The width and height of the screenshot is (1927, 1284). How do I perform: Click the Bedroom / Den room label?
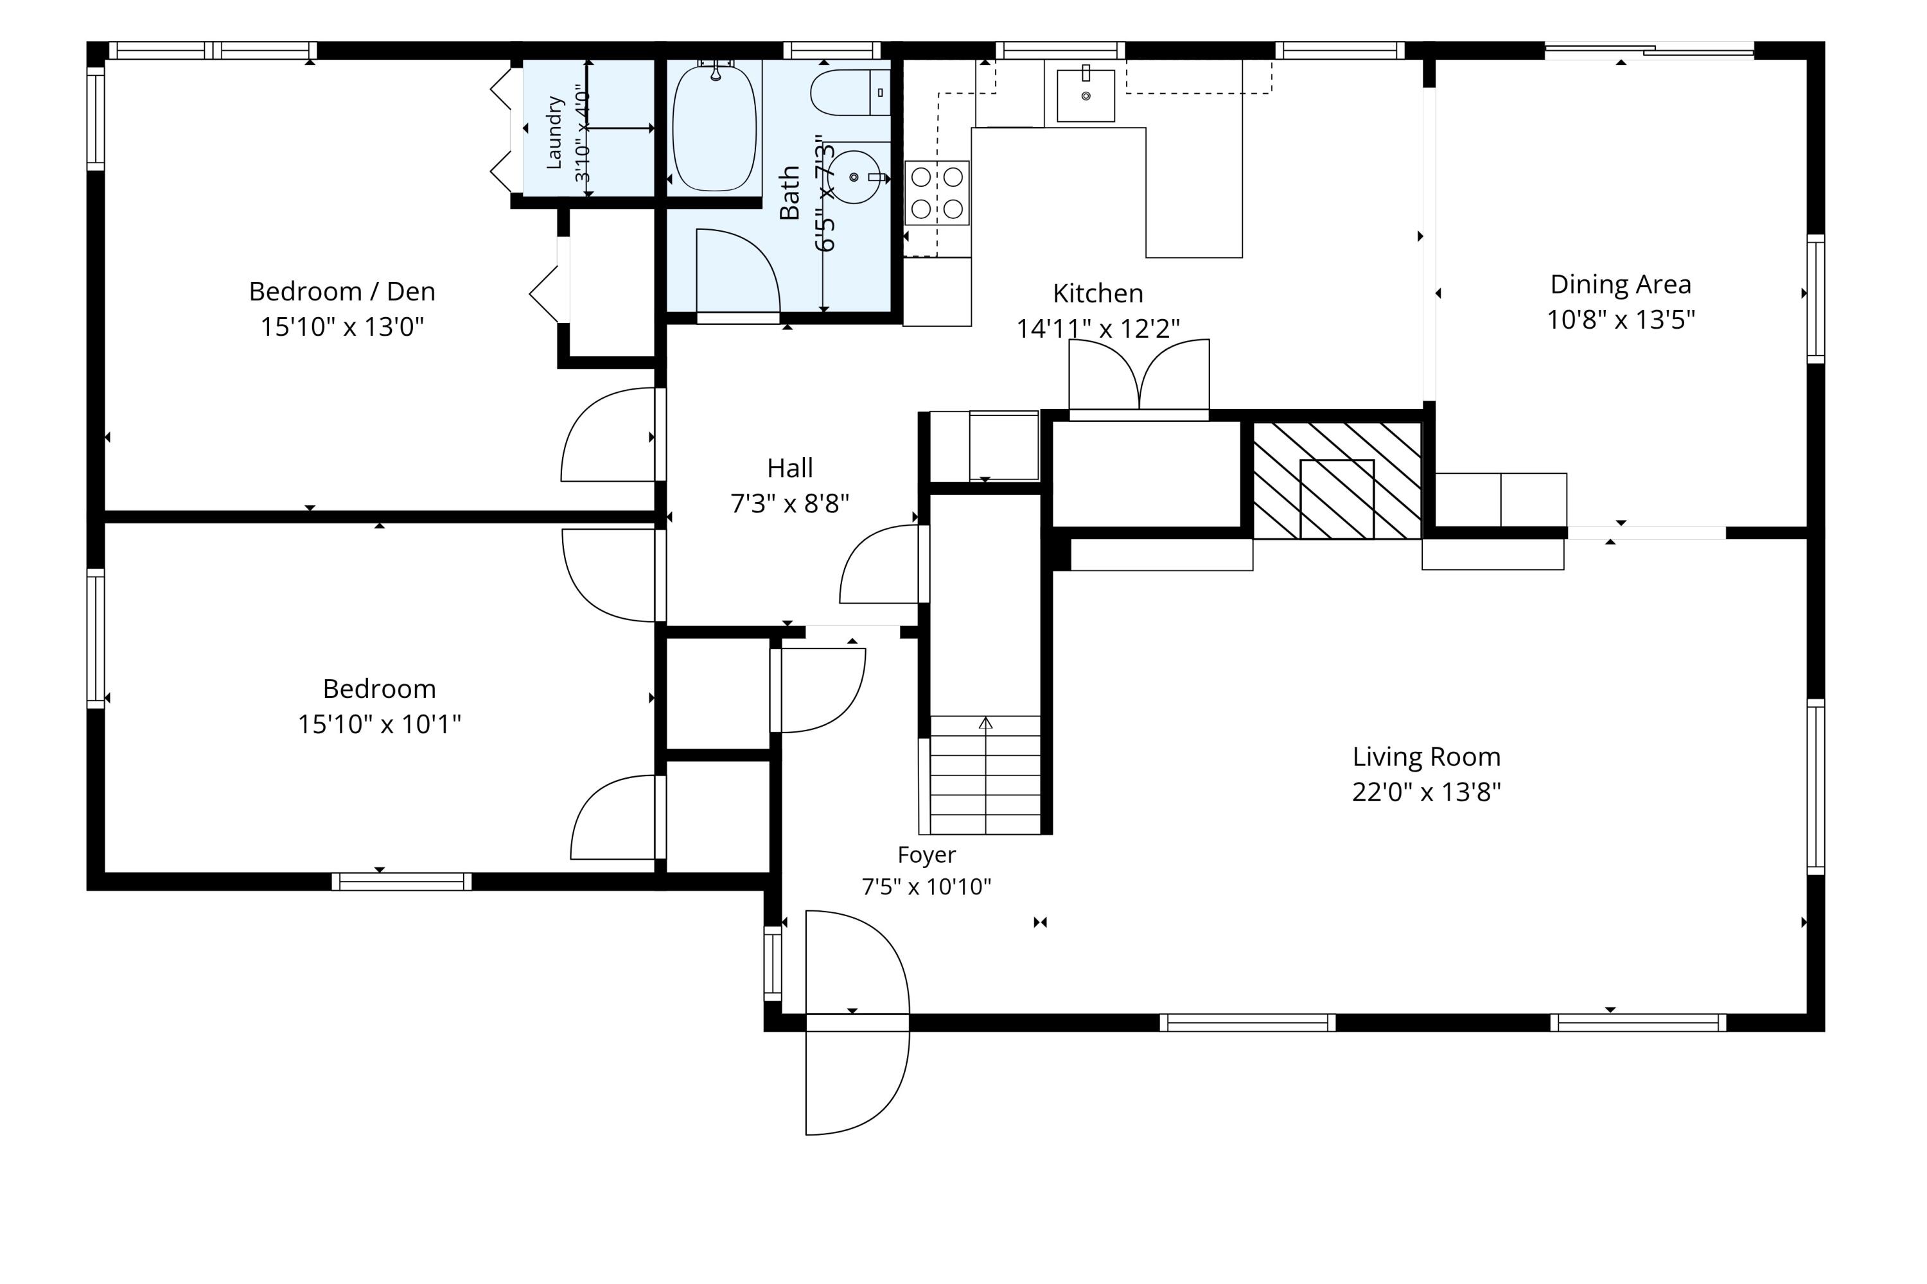[x=342, y=291]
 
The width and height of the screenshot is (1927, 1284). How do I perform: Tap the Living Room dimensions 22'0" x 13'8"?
[x=1427, y=792]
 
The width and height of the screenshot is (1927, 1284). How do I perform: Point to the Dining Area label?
[x=1621, y=284]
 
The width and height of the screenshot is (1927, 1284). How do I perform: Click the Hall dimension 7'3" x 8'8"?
[x=790, y=503]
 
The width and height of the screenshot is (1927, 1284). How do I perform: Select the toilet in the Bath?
[x=850, y=92]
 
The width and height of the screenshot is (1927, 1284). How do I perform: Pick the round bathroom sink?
[x=854, y=177]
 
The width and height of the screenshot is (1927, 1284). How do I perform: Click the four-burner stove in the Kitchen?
[x=937, y=193]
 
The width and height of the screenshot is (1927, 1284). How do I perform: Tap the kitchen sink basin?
[x=1086, y=96]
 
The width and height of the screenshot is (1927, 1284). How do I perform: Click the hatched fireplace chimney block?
[x=1337, y=481]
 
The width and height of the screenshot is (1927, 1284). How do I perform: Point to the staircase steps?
[x=985, y=775]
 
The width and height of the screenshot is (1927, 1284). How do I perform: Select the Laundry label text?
[x=555, y=133]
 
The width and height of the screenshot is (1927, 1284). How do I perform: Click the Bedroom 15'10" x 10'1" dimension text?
[x=380, y=724]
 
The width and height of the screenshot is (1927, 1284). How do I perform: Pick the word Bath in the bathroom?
[x=789, y=193]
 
